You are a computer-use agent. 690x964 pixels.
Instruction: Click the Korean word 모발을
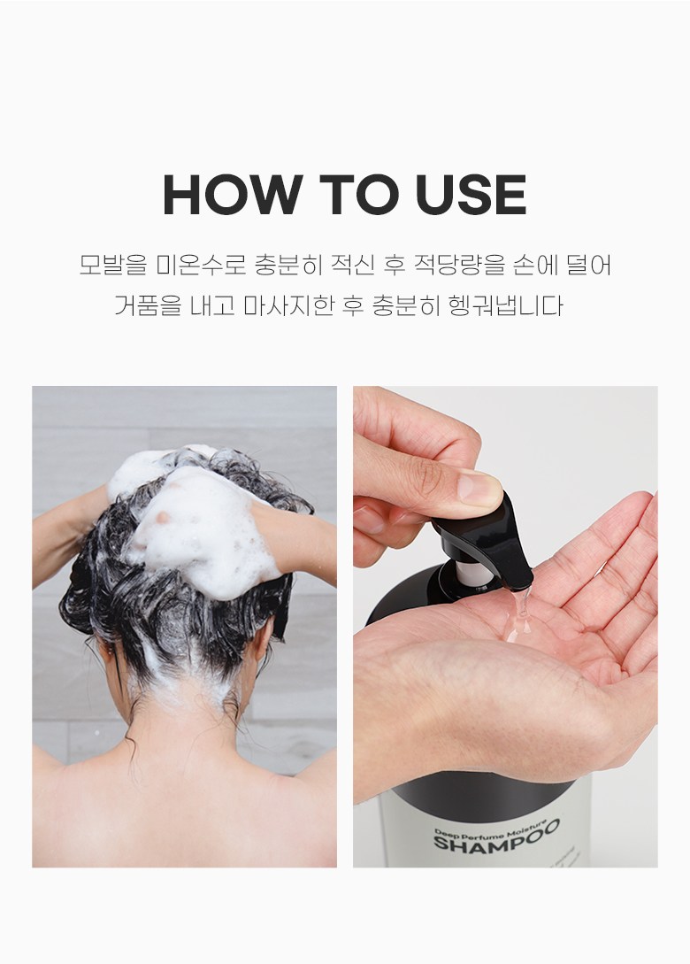pos(113,265)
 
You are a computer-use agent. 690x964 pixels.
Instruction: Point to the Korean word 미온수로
pos(201,265)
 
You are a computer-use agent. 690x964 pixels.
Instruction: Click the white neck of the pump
pos(475,573)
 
